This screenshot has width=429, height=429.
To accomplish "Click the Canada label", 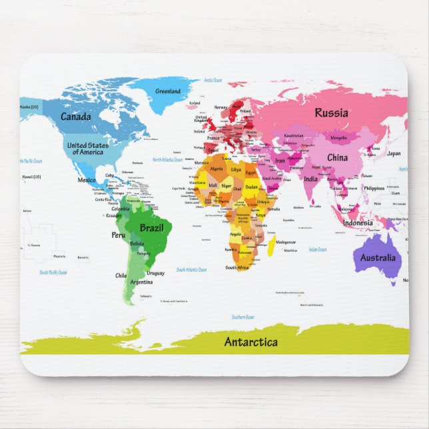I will tap(76, 117).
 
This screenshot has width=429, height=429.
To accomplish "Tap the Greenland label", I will tap(168, 91).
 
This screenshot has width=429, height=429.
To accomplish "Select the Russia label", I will tap(331, 113).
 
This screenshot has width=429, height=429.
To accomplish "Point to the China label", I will tap(337, 158).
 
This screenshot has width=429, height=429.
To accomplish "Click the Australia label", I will tap(378, 258).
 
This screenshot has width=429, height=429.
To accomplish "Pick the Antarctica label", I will tap(250, 342).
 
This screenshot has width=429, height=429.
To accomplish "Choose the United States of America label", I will tap(88, 149).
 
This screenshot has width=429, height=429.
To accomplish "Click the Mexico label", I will tap(87, 180).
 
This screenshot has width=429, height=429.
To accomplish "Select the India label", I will tap(311, 179).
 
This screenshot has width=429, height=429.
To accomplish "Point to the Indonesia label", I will tap(358, 222).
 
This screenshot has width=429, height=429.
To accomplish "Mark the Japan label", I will tap(394, 153).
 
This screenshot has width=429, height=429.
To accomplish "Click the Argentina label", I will tap(141, 282).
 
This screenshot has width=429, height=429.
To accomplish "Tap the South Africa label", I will tap(236, 267).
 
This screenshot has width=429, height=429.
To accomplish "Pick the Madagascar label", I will tap(285, 242).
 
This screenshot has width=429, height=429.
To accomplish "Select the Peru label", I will tap(119, 234).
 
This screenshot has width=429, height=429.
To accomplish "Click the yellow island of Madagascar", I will tap(272, 246).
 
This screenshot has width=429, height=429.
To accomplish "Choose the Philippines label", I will tap(374, 189).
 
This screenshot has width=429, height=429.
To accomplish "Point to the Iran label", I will tap(280, 161).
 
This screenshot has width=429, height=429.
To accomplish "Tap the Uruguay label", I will tap(155, 273).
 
